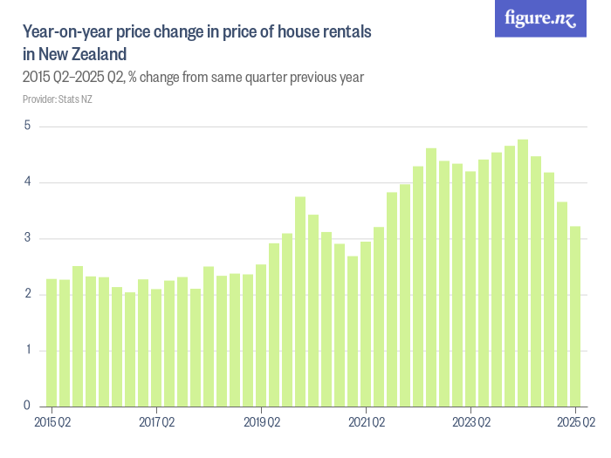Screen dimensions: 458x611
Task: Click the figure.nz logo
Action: point(540,18)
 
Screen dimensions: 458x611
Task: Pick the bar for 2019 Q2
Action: point(261,335)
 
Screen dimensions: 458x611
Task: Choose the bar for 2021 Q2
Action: point(366,324)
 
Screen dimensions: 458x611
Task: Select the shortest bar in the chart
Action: point(130,349)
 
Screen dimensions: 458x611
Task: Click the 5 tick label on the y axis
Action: point(27,126)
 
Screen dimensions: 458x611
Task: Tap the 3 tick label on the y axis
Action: point(27,238)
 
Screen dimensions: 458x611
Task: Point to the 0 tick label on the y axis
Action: point(27,407)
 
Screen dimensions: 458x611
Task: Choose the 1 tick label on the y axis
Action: point(27,351)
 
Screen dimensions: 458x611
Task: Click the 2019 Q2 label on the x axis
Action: point(261,423)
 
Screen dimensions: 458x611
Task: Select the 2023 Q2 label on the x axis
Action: point(470,423)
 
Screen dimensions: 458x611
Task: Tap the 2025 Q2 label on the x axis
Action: point(576,423)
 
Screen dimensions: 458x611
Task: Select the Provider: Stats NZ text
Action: point(57,99)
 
